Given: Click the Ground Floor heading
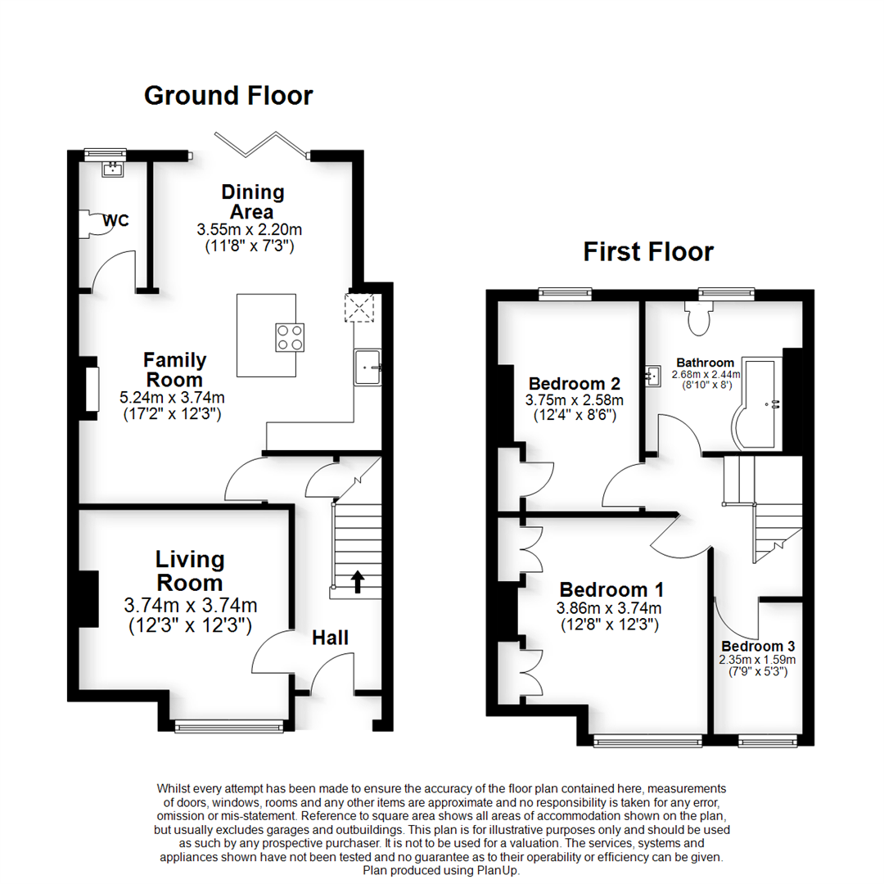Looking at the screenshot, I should (x=228, y=96).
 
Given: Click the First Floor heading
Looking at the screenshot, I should (x=647, y=251).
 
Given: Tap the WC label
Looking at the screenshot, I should (x=115, y=221).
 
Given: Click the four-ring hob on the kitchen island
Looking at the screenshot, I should (x=287, y=337).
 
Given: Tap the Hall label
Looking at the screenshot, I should (x=330, y=638).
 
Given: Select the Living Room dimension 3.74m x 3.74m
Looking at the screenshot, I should (x=190, y=606).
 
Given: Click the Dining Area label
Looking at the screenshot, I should (x=253, y=202).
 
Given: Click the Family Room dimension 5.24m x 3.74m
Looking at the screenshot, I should (x=174, y=398).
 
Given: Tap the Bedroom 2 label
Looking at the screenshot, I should (x=574, y=383).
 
